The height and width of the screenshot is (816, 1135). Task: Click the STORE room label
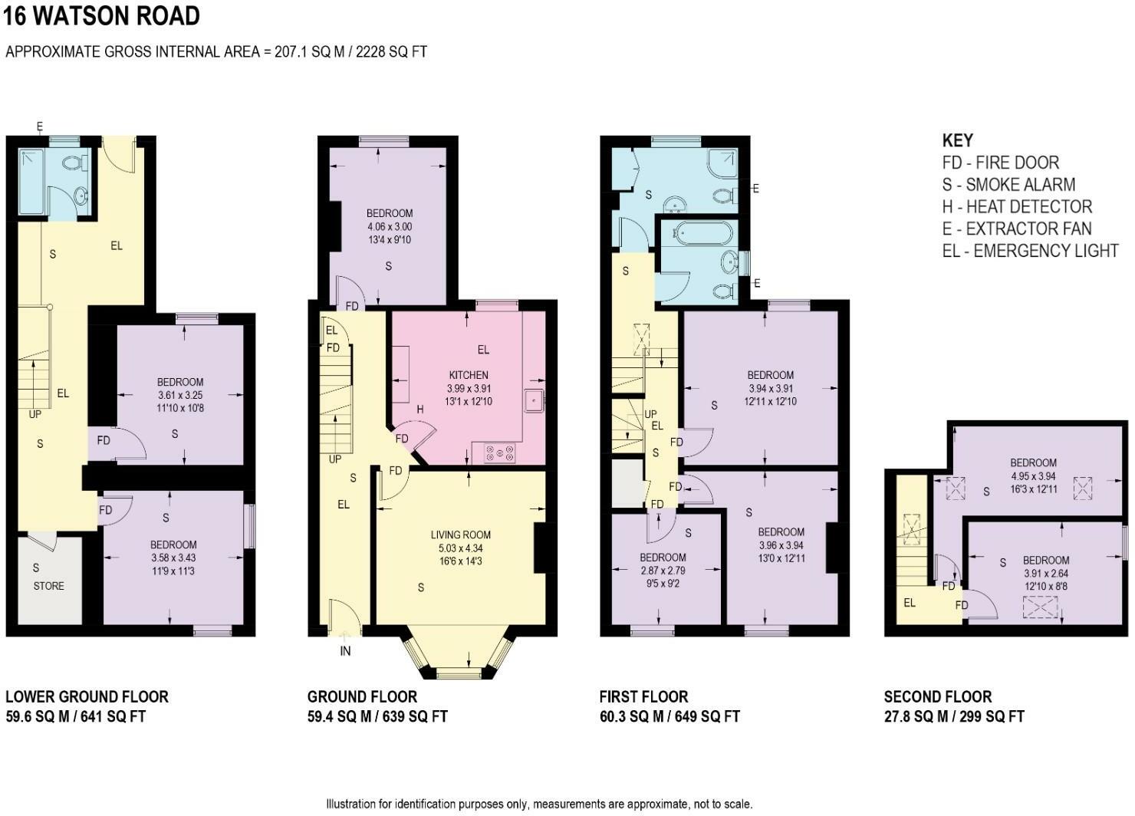48,586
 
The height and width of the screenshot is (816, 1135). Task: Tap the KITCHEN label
469,375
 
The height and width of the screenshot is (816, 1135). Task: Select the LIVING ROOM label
461,535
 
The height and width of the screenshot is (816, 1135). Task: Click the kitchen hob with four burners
500,453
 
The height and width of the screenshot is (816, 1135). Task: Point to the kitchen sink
534,401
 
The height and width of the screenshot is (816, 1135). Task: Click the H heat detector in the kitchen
420,409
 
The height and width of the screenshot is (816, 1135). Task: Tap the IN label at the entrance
345,651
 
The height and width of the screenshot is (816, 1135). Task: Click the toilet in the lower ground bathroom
76,163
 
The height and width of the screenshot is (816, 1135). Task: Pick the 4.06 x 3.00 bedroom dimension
390,226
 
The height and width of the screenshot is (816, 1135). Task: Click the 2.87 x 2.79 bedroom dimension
663,570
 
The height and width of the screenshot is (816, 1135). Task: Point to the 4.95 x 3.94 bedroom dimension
1033,476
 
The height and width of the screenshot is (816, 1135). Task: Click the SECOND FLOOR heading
938,696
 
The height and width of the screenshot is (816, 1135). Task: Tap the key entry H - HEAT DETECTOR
1017,207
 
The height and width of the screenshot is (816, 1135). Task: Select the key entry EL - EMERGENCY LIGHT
1030,251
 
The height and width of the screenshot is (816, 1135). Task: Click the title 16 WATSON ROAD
102,16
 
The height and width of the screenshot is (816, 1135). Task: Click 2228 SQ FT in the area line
391,51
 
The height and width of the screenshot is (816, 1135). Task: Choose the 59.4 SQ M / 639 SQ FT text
377,716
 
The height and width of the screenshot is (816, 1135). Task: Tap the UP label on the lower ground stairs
35,414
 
